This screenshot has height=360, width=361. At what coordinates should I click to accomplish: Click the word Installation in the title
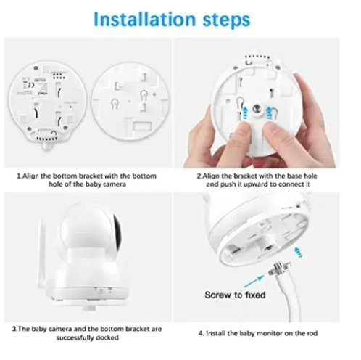144,20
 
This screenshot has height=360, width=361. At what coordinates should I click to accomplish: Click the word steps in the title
226,20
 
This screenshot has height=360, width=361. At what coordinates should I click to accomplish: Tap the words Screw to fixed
235,295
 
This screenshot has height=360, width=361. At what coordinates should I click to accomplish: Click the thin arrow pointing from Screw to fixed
254,281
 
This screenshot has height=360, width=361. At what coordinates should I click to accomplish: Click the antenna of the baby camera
42,253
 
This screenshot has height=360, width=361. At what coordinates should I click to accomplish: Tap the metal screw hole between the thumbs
257,108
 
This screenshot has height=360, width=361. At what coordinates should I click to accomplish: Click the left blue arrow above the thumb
245,112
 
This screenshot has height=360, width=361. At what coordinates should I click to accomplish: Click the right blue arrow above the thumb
269,112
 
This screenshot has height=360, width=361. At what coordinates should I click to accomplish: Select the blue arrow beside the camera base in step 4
299,252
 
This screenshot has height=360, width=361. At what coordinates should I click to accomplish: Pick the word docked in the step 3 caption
107,337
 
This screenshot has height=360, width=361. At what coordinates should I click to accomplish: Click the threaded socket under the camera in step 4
267,247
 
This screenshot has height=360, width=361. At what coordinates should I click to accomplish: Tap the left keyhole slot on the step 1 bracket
115,104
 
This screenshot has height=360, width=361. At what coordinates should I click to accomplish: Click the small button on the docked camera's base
100,291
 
